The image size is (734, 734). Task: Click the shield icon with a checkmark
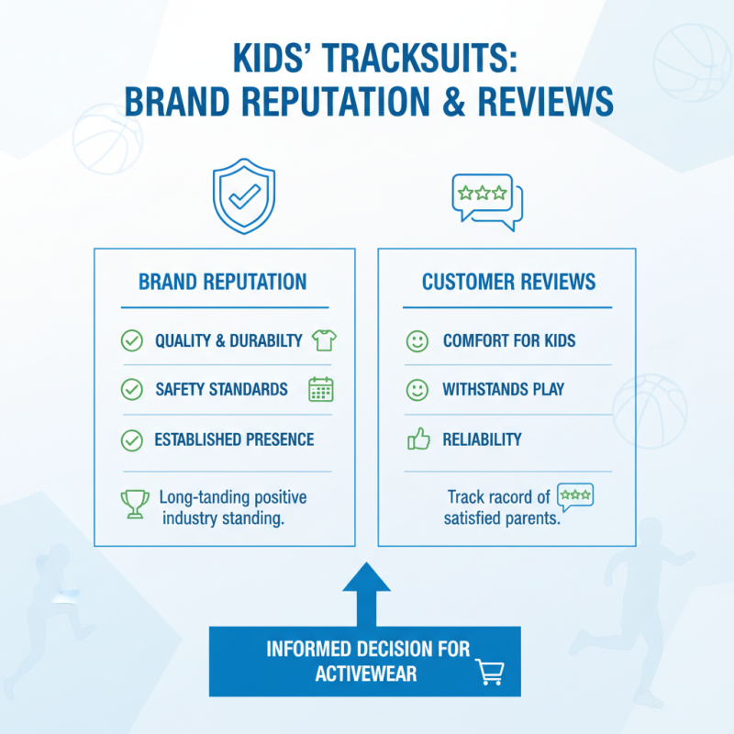243,196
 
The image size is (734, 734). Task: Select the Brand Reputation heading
223,282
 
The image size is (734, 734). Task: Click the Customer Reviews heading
508,282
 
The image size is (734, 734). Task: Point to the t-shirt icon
324,340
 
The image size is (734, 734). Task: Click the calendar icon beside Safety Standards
321,389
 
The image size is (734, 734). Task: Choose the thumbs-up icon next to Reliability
417,439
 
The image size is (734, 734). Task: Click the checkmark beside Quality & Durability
132,341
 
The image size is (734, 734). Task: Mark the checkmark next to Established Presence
132,440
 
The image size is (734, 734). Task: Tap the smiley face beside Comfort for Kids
417,341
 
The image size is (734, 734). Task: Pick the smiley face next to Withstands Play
417,390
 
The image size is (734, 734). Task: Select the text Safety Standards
221,390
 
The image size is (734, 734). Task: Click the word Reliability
482,439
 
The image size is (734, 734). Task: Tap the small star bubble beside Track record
575,495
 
